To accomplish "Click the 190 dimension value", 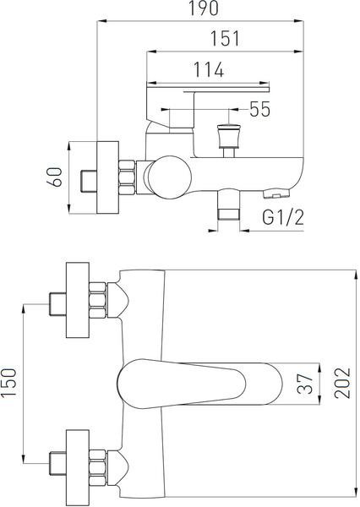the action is [204, 8].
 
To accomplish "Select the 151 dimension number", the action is [225, 38].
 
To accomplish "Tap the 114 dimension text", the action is [208, 69].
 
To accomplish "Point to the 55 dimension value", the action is [259, 109].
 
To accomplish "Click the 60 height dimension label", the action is [54, 177].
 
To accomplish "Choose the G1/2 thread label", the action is [283, 217].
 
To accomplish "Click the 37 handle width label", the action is [305, 384].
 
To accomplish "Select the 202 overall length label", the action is [342, 383].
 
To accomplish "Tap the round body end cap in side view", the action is [171, 177].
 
